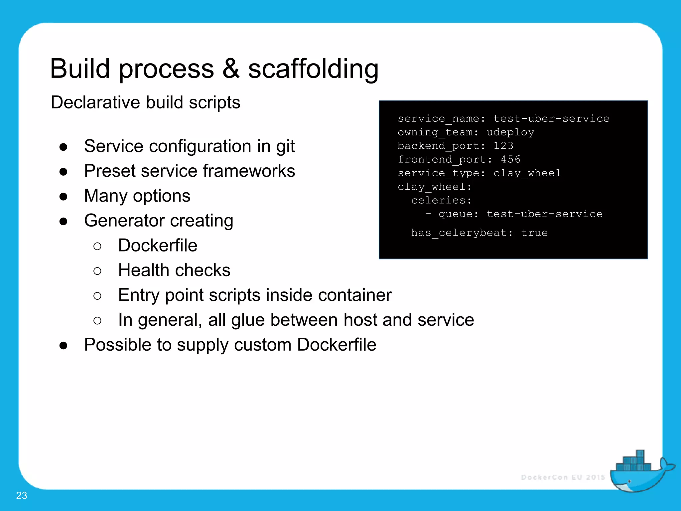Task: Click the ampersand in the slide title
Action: pos(231,69)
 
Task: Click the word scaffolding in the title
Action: pos(313,69)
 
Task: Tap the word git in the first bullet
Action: pos(285,147)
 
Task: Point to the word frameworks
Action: pos(249,171)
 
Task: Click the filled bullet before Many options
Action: pos(64,197)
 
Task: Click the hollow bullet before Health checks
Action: pos(97,271)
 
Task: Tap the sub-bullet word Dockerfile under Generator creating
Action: pos(158,246)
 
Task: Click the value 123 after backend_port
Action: pos(503,146)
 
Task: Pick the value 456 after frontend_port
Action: pos(510,159)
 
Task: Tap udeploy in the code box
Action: pos(510,132)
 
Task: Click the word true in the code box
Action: pos(534,233)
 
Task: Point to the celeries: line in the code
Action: pos(441,200)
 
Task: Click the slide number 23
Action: pos(22,495)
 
